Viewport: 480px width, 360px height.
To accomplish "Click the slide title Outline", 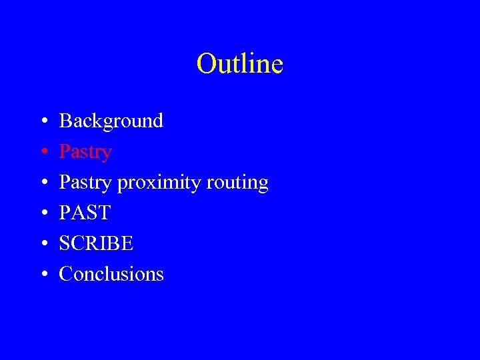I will pyautogui.click(x=240, y=64).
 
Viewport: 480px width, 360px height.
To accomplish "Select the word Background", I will pyautogui.click(x=111, y=121).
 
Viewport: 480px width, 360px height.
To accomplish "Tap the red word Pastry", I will pyautogui.click(x=85, y=152).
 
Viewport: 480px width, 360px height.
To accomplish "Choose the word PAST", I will pyautogui.click(x=85, y=213).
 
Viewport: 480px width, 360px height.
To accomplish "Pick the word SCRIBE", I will pyautogui.click(x=97, y=244).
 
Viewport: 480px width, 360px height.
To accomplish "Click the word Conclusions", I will pyautogui.click(x=111, y=274).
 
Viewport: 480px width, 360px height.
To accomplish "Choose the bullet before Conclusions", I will pyautogui.click(x=43, y=275).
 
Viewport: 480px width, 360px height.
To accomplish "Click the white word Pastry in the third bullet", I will pyautogui.click(x=85, y=183).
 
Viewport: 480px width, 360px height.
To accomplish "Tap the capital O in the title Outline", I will pyautogui.click(x=206, y=64).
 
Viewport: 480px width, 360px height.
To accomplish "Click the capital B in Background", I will pyautogui.click(x=65, y=121).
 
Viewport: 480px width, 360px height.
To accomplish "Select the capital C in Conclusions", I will pyautogui.click(x=65, y=274).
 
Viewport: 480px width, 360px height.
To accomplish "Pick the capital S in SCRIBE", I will pyautogui.click(x=65, y=244).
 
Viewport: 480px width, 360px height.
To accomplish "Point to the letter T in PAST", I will pyautogui.click(x=104, y=213).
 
